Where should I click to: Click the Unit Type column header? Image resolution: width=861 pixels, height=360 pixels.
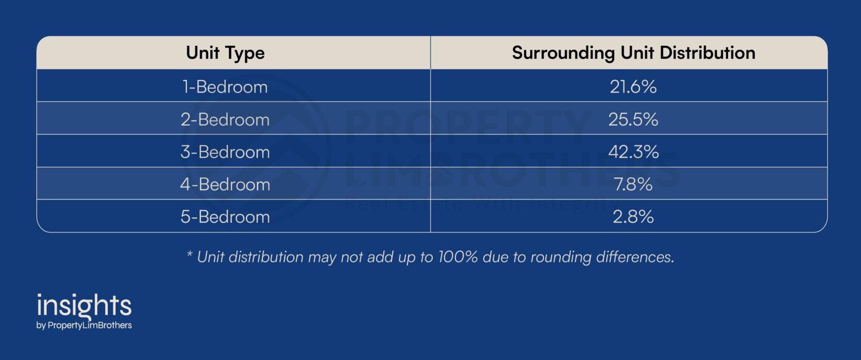225,53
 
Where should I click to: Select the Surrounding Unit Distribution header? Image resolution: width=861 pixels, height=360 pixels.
633,53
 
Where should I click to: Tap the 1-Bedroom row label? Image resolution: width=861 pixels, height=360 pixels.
225,87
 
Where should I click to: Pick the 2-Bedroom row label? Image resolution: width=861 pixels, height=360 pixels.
225,119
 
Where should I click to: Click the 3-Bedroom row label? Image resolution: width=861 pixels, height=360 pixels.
225,152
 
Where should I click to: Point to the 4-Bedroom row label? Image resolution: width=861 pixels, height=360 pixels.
225,184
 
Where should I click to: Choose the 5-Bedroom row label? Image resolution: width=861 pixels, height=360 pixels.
225,217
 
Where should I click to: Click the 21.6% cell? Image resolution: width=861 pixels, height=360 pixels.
633,87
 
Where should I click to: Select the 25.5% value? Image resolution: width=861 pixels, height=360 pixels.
633,119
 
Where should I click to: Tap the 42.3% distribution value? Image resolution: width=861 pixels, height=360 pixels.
633,152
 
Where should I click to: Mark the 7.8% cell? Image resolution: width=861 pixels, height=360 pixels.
633,184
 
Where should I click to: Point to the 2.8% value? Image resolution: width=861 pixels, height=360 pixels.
633,217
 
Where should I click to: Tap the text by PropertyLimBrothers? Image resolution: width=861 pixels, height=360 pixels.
84,325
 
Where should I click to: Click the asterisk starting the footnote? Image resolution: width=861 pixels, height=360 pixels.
189,254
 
